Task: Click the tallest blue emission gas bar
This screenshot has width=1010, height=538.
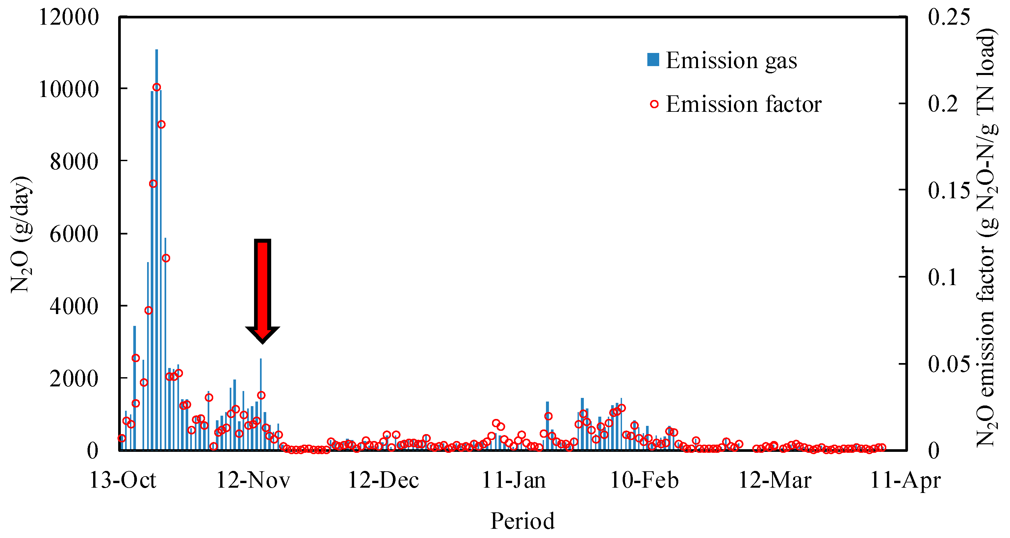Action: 156,251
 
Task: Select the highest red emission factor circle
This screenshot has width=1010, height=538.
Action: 156,87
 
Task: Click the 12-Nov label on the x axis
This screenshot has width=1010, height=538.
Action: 253,480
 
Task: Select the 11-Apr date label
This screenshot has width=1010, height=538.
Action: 905,480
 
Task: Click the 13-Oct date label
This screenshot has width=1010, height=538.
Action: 123,480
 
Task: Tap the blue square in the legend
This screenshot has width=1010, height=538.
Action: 653,60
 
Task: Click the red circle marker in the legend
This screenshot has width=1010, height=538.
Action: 654,104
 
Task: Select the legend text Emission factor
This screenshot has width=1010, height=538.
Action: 743,104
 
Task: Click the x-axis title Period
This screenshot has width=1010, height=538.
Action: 522,521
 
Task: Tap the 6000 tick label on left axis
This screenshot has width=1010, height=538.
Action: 74,234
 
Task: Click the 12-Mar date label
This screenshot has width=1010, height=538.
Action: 775,480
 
